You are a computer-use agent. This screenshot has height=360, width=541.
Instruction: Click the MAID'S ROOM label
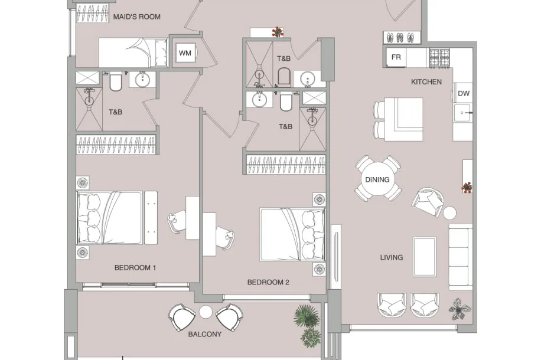tap(136, 17)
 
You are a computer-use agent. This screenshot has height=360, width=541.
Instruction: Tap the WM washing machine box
tap(185, 53)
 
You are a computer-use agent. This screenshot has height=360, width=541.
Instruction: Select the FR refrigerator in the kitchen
tap(396, 57)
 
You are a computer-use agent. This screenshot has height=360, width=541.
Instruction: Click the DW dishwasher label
tap(464, 93)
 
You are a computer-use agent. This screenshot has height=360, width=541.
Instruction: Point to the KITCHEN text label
tap(426, 81)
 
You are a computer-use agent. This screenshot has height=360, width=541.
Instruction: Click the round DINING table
tap(377, 179)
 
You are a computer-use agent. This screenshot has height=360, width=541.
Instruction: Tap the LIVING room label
tap(391, 257)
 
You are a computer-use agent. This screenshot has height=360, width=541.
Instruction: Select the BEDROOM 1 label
tap(135, 267)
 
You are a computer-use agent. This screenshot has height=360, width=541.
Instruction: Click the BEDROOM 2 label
tap(268, 282)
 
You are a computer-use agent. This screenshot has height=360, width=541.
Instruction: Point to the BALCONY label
tap(204, 334)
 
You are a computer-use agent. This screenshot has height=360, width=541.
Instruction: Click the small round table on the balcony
tap(206, 312)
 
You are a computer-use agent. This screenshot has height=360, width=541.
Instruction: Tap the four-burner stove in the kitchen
tap(439, 58)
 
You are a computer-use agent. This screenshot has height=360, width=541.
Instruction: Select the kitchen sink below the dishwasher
tap(462, 113)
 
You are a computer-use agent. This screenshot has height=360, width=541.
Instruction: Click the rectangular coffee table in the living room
tap(425, 257)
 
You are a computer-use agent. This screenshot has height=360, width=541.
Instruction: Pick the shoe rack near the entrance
tap(402, 37)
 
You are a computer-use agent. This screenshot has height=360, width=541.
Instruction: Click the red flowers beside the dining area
tap(467, 188)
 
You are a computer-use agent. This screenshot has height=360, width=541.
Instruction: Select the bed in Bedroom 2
tap(292, 234)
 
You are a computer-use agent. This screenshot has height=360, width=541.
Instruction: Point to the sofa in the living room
tap(460, 257)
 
